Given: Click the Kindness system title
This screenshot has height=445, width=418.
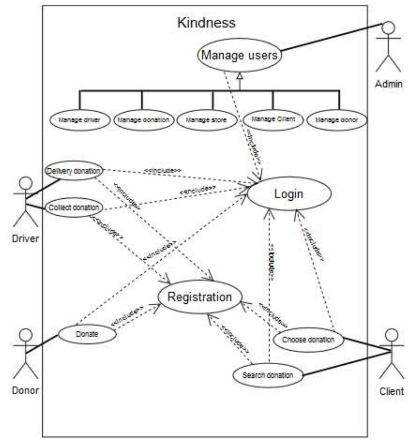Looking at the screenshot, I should pos(207,23).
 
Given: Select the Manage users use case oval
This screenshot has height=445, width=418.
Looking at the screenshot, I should pos(240,55).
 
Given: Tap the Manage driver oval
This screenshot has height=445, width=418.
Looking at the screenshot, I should pos(80,120).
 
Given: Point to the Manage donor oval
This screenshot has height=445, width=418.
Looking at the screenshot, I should pos(337,120).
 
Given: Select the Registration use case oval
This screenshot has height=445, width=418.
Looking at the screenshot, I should pos(200,297).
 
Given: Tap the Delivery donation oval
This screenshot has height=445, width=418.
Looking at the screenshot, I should pos(74,171).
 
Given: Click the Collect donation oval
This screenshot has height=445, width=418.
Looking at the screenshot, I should pos(74,207).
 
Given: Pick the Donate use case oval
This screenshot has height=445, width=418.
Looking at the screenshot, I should pos(87,334).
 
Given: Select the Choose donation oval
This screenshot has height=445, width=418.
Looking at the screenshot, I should pos(308,339).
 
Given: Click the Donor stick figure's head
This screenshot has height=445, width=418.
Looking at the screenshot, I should pos(26,335).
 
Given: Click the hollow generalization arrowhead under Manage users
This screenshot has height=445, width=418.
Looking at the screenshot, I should pos(240,76).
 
